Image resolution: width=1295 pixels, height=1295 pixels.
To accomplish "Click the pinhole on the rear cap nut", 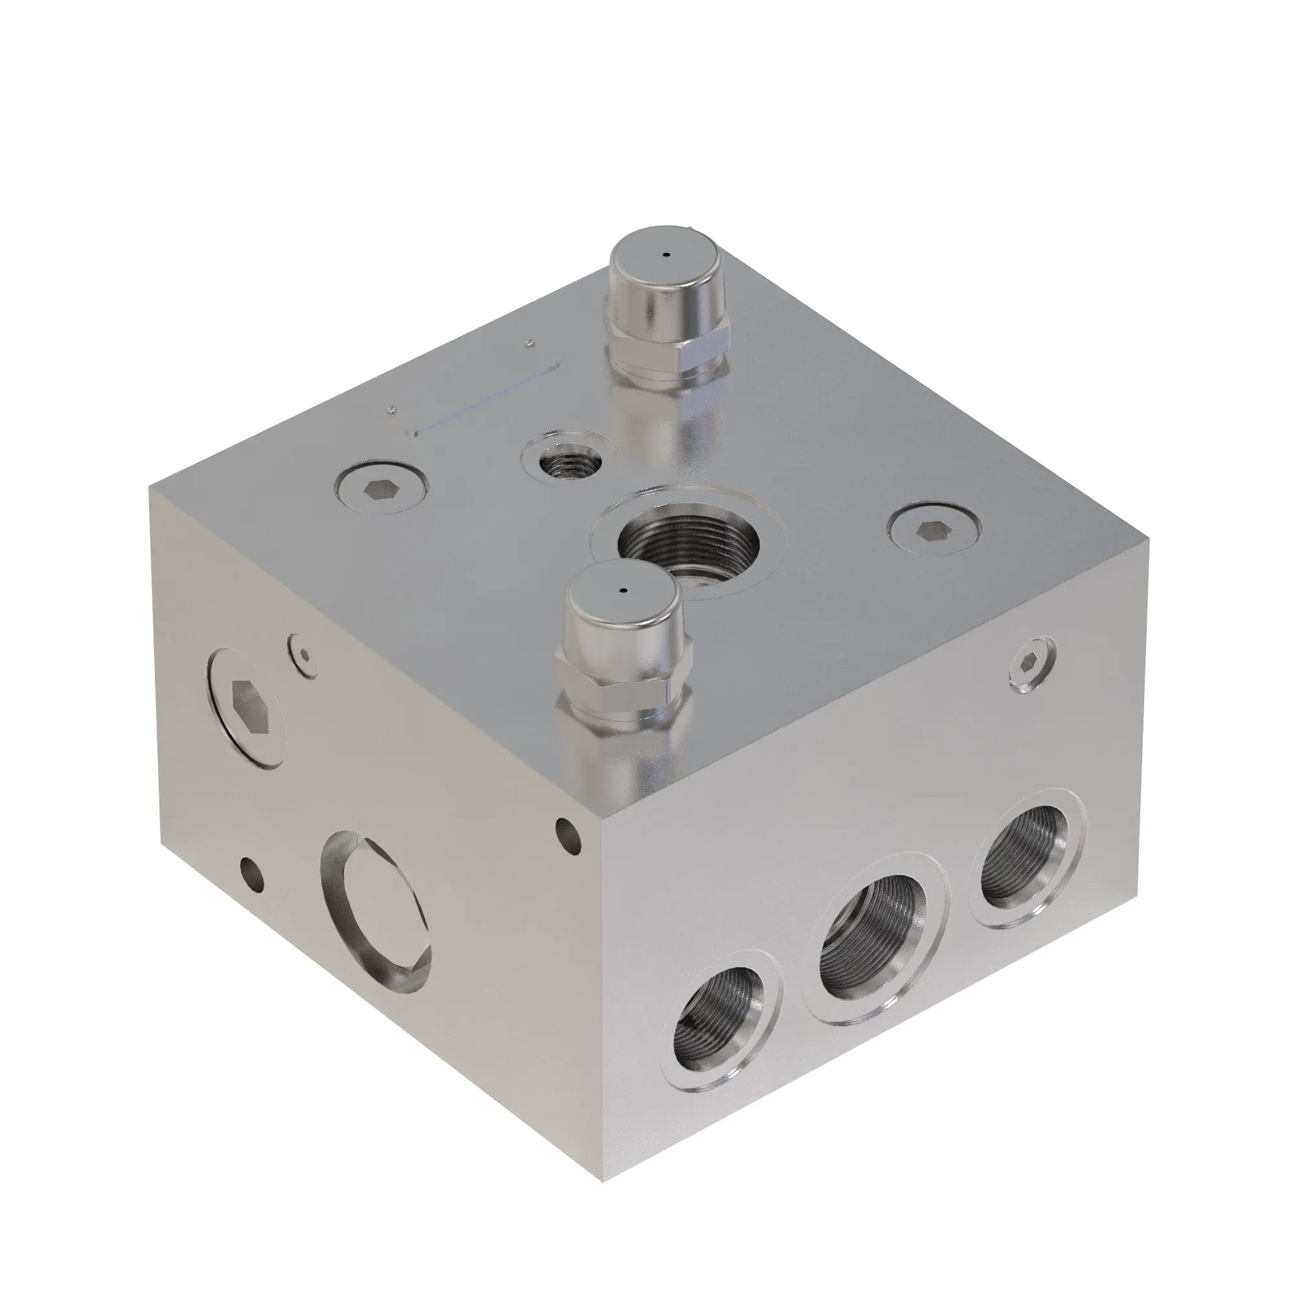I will click(x=666, y=254).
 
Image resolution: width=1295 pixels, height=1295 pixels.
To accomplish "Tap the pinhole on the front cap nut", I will click(x=623, y=591).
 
